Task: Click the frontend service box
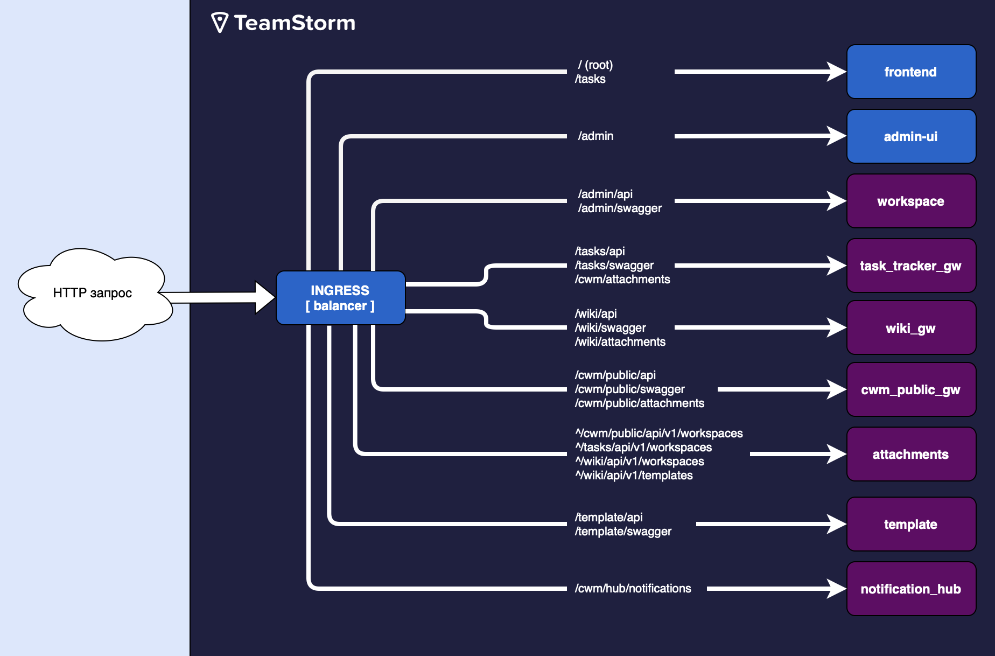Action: (x=911, y=72)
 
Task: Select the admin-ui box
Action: (x=911, y=136)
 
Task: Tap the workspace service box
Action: (x=911, y=201)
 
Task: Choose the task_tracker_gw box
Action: (x=911, y=266)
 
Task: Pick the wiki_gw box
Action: (x=911, y=327)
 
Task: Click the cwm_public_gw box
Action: (x=911, y=389)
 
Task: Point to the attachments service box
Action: (x=911, y=454)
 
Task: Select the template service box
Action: (x=911, y=524)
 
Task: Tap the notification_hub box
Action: (x=911, y=589)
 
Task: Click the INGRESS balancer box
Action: (x=340, y=298)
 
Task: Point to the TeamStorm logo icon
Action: (x=220, y=23)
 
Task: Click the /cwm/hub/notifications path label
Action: (x=633, y=588)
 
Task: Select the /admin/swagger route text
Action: (x=620, y=208)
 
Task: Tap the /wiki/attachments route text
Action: (x=620, y=341)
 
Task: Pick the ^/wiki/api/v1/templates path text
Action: (x=634, y=475)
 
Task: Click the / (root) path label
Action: (x=595, y=65)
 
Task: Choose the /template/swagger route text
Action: (x=623, y=531)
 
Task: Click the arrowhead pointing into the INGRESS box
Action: (x=265, y=297)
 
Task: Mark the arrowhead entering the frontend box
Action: (x=837, y=72)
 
